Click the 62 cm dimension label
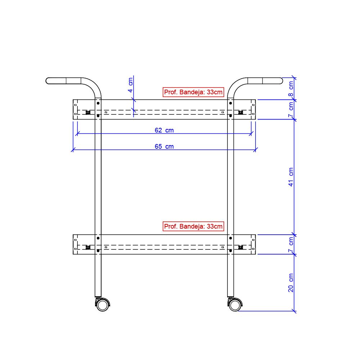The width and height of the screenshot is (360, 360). click(x=164, y=130)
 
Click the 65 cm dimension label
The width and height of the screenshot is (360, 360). click(x=164, y=146)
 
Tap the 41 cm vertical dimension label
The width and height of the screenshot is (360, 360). click(x=291, y=177)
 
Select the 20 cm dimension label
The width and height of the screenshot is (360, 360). click(x=291, y=283)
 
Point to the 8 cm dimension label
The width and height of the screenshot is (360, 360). click(x=291, y=89)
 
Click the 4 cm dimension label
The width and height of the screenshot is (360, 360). click(x=130, y=85)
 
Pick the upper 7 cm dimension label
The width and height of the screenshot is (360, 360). click(x=291, y=109)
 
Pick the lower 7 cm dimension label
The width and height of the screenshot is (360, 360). click(x=291, y=244)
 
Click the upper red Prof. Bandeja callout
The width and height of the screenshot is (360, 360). click(x=193, y=92)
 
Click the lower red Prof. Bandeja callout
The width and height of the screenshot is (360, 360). click(x=193, y=226)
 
